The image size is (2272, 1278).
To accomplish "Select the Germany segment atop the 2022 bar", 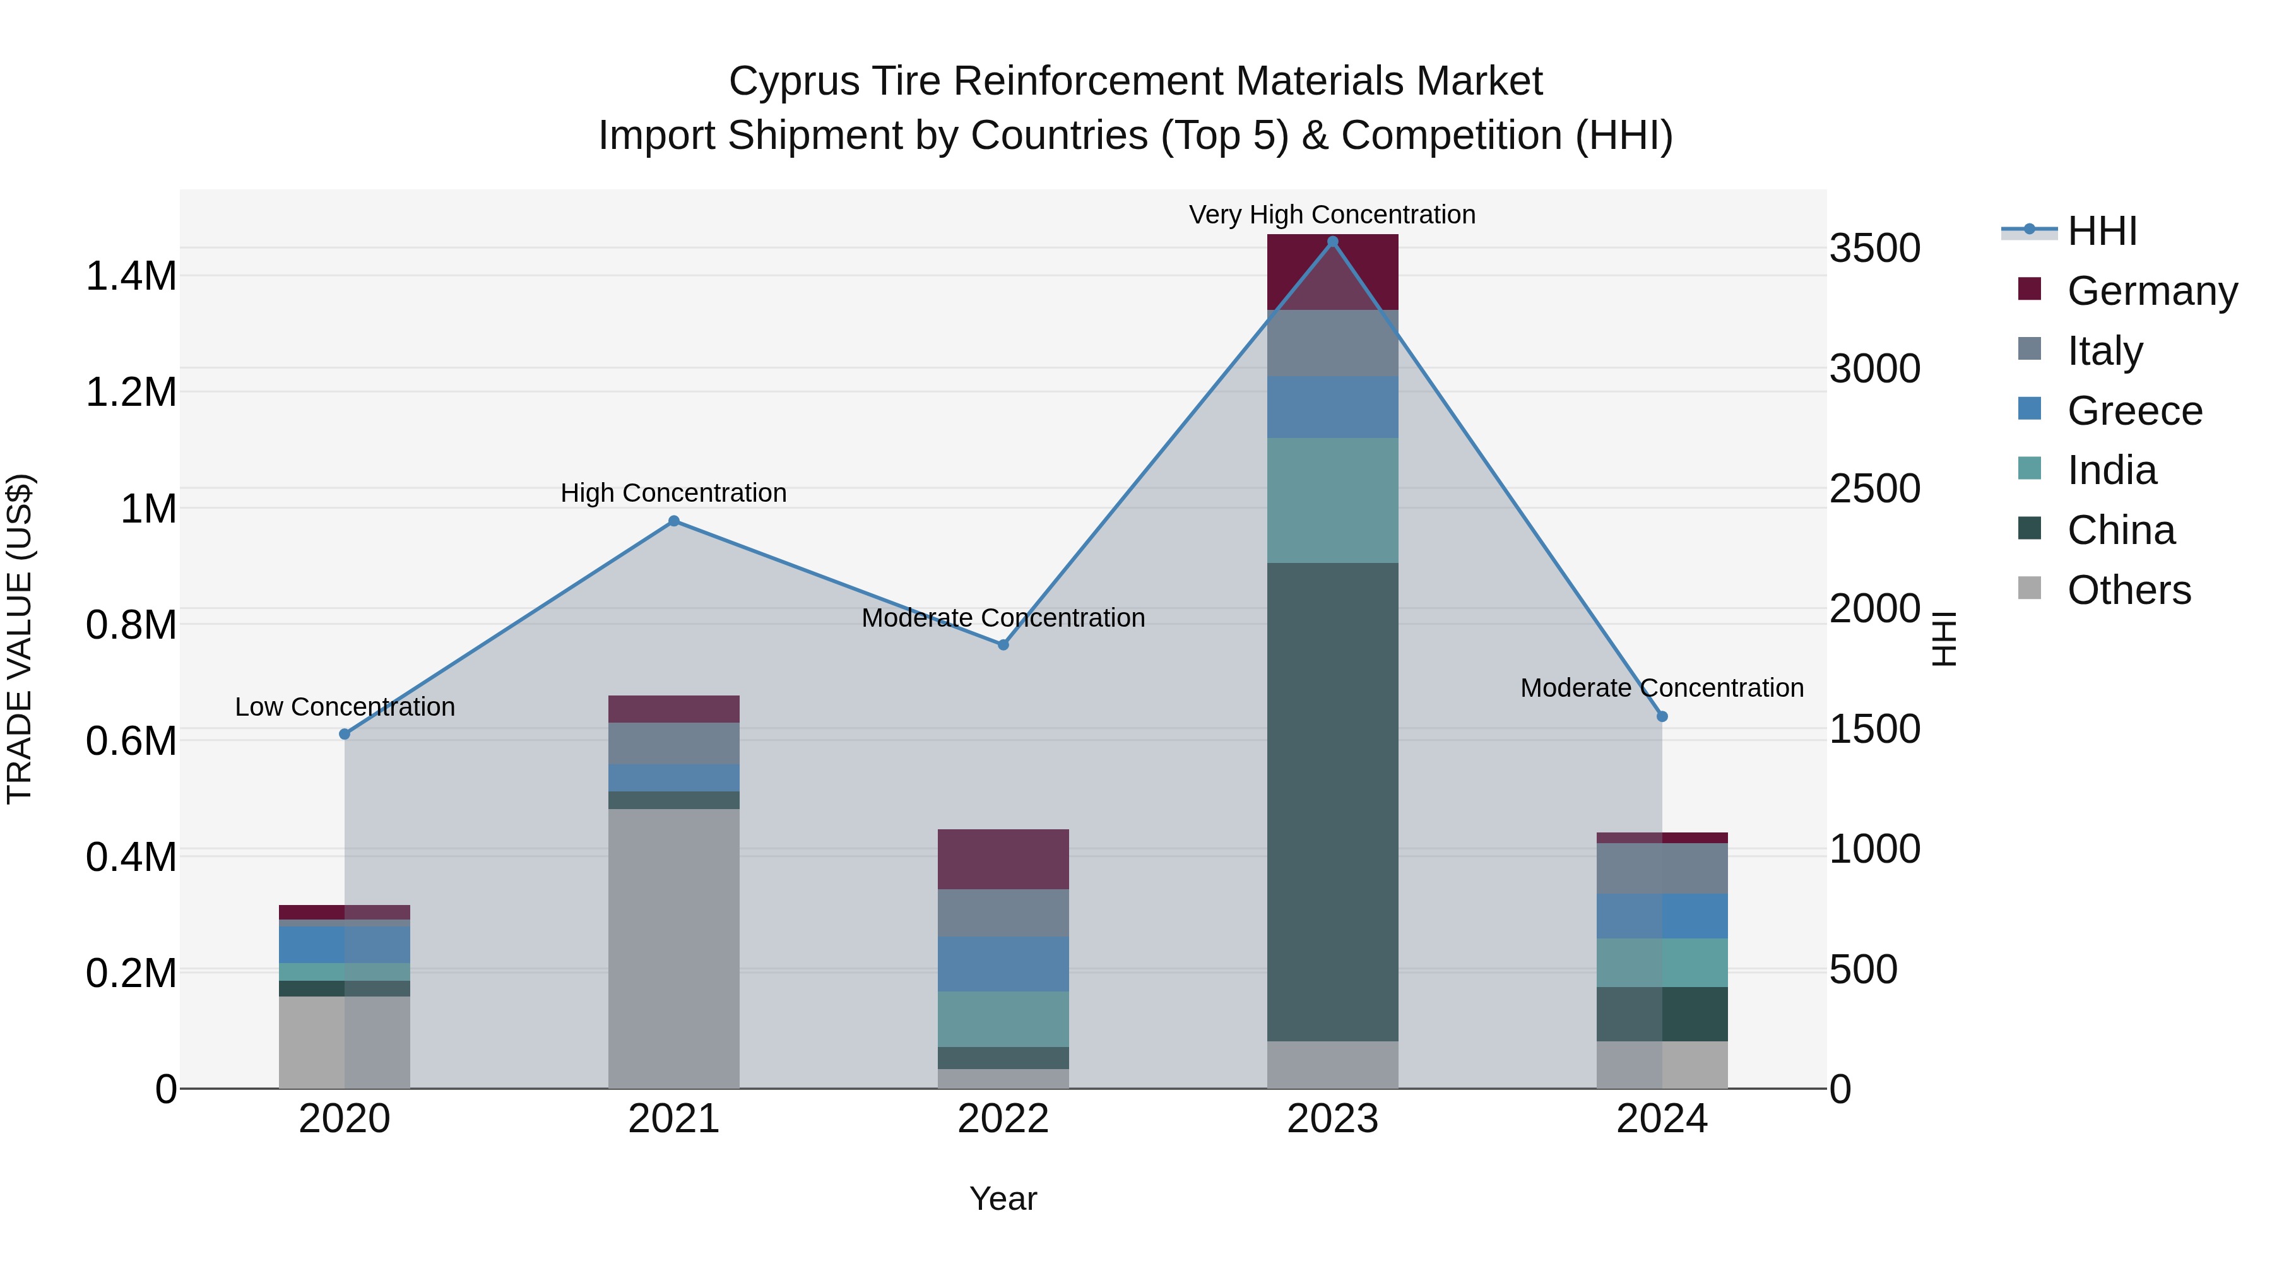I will [x=1003, y=858].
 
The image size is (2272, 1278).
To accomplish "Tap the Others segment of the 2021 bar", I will [x=674, y=948].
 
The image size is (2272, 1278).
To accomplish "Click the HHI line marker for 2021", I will [x=674, y=521].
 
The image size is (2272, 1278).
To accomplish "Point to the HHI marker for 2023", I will [x=1333, y=242].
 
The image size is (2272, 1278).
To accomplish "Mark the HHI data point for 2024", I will [x=1662, y=716].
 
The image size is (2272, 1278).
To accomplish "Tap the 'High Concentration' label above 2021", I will [x=674, y=493].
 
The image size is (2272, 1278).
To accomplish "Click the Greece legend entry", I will [x=2134, y=411].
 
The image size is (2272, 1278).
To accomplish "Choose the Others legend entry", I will [x=2128, y=590].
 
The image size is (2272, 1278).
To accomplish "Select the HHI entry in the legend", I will [x=2102, y=231].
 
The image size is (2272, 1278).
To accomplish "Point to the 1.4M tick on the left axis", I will [x=131, y=276].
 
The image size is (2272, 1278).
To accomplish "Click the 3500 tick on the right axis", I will [x=1874, y=248].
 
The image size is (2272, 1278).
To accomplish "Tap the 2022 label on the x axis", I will [x=1003, y=1119].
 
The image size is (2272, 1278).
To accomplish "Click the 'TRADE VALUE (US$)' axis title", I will [x=20, y=639].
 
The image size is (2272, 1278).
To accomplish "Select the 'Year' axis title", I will [x=1003, y=1198].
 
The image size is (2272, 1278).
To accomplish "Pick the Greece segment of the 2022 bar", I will [x=1003, y=963].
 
